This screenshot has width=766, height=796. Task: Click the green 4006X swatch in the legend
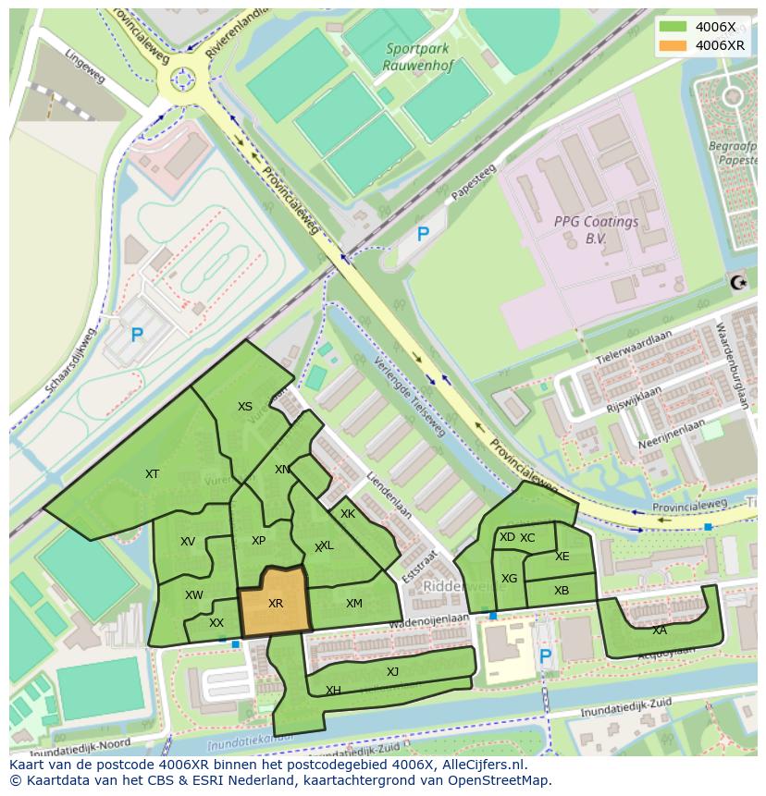673,27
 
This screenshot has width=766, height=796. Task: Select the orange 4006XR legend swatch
673,45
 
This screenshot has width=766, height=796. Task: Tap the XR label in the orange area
276,604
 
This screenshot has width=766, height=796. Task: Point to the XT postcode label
152,474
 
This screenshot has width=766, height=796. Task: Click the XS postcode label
244,407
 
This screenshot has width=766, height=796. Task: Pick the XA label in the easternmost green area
659,631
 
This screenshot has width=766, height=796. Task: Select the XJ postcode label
392,672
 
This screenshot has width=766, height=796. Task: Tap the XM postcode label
353,604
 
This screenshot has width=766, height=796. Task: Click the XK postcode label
348,514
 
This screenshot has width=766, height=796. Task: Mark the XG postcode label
509,579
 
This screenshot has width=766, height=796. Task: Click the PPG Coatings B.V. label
596,229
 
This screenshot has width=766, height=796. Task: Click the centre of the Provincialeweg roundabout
181,80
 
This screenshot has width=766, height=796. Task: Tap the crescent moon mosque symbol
737,282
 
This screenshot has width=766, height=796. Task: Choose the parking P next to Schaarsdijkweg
137,336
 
